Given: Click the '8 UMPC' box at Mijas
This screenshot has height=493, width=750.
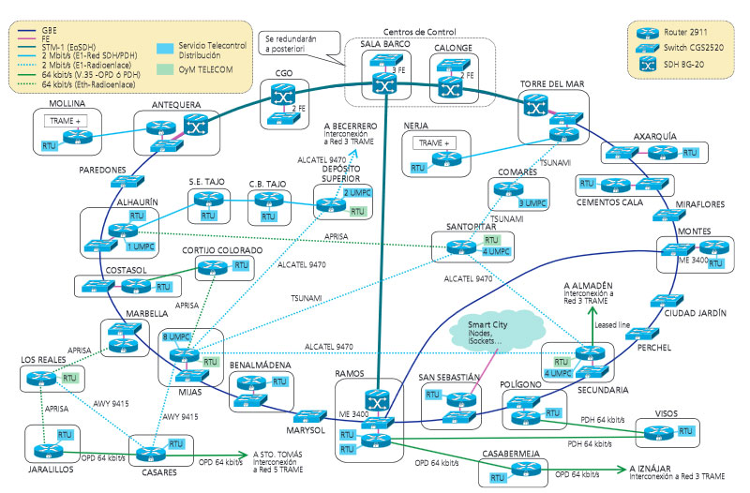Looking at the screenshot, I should coord(175,335).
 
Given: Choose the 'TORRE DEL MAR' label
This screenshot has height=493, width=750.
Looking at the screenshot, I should coord(551,84).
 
